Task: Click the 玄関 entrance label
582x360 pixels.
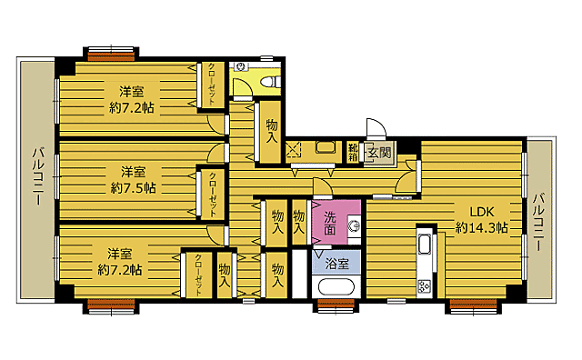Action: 379,153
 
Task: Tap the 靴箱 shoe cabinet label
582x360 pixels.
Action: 353,152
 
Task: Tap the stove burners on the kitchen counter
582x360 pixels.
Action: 425,286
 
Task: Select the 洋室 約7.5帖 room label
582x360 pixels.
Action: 133,179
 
